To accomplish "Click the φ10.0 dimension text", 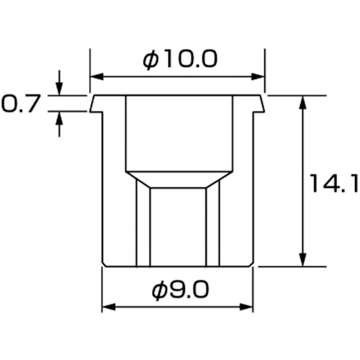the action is pos(180,60).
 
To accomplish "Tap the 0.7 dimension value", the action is pos(19,104).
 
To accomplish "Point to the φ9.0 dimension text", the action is pos(181,290).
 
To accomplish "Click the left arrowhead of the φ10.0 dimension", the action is pos(96,77).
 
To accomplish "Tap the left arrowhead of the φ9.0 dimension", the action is pos(109,307).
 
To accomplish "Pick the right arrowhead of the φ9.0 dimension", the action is pos(246,307).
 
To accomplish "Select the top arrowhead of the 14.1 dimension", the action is pos(303,102).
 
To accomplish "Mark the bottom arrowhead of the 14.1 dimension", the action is pos(303,259).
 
